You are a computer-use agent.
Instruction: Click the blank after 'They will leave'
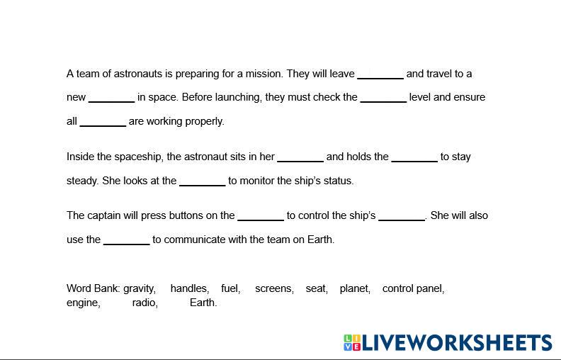[380, 74]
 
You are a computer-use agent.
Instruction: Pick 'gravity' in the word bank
[140, 288]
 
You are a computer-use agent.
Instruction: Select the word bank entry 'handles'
[189, 288]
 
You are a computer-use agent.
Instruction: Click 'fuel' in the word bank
[230, 288]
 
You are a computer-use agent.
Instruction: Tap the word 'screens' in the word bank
[274, 288]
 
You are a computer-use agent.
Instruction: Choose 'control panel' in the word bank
[413, 288]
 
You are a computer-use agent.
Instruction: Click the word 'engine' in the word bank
[84, 303]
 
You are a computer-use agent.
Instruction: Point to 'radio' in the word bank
[144, 303]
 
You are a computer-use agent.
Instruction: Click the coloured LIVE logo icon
[352, 343]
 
